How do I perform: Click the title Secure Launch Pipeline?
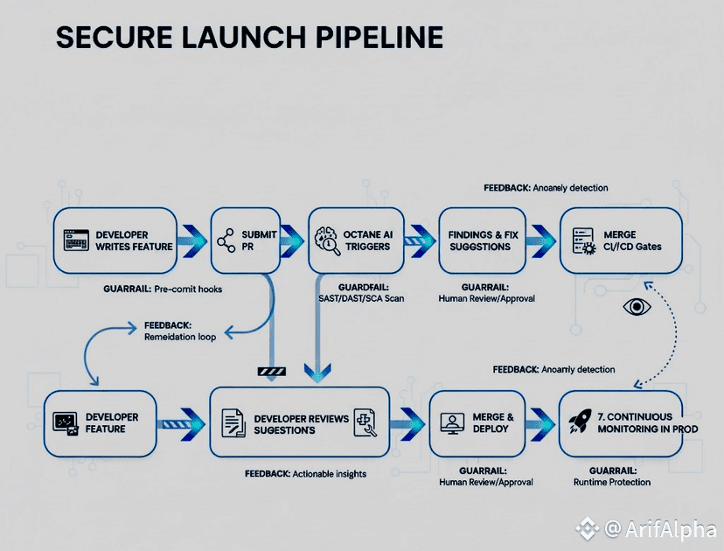click(249, 38)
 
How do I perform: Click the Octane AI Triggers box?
click(356, 240)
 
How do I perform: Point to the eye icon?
click(636, 307)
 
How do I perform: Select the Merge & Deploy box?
click(484, 423)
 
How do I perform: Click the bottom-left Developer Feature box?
click(101, 423)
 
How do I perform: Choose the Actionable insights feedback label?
click(305, 473)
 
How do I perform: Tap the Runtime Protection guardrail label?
click(611, 482)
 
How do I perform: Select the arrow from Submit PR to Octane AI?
click(292, 240)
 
